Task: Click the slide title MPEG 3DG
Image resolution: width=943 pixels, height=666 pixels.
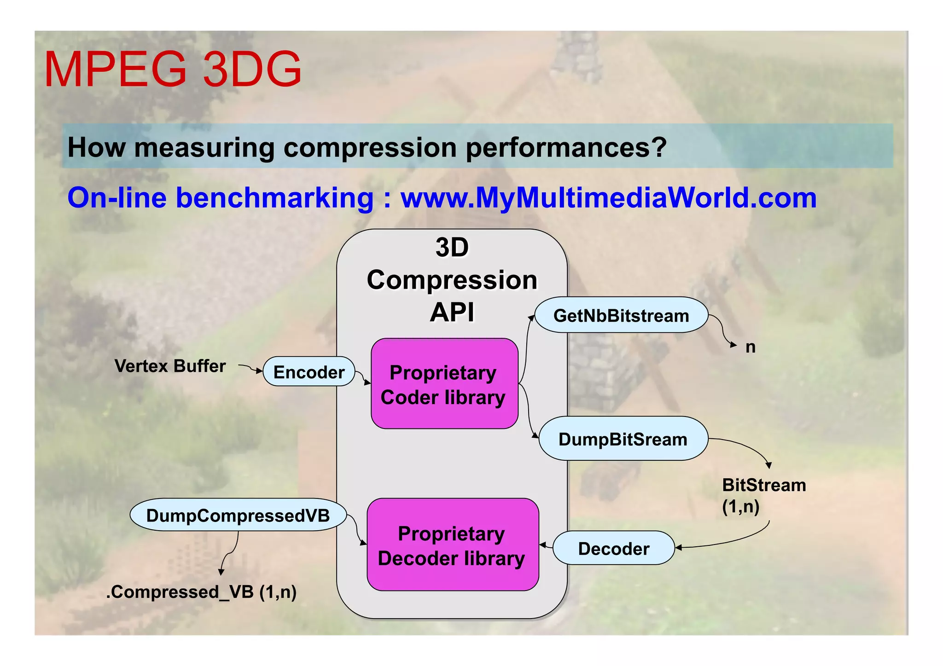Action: pos(173,69)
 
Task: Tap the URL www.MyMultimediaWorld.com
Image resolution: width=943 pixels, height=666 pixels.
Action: pos(608,198)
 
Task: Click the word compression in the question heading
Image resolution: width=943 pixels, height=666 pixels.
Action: pos(370,148)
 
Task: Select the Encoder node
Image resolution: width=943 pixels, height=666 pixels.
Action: pos(309,372)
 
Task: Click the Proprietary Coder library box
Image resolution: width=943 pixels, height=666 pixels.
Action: pos(444,384)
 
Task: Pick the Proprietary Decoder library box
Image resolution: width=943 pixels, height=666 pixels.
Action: pos(452,545)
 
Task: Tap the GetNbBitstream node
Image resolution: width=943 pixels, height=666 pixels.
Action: pos(621,316)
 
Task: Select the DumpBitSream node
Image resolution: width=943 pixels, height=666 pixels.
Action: pos(623,439)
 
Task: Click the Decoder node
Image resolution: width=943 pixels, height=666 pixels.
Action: pos(613,549)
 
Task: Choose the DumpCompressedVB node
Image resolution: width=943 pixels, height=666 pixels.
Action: pos(238,515)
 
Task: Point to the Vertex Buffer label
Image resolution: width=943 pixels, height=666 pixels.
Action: pos(170,366)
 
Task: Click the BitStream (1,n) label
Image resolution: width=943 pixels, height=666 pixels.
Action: pos(763,495)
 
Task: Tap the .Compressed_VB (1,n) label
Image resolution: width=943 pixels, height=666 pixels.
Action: pos(201,592)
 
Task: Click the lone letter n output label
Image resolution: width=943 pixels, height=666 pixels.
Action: pos(750,347)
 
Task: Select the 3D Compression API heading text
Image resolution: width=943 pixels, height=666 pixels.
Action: pos(452,280)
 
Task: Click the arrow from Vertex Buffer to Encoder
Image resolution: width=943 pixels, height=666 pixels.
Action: pos(250,368)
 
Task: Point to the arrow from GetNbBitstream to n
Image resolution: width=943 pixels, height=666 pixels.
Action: pos(723,331)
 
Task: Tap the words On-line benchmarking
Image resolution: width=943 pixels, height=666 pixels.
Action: pos(220,198)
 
